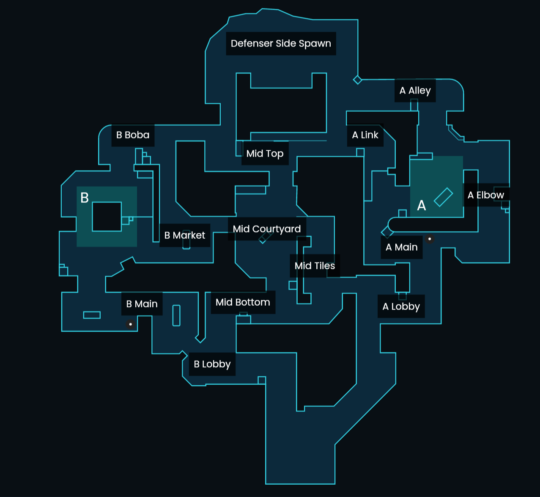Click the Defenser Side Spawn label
click(281, 44)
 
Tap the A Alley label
click(415, 91)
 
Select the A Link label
click(365, 135)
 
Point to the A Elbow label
click(485, 195)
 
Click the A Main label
click(401, 247)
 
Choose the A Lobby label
click(401, 306)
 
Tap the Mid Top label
click(265, 153)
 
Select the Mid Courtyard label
click(266, 229)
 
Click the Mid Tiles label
click(315, 266)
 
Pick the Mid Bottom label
click(243, 302)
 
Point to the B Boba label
click(133, 135)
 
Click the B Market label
click(184, 235)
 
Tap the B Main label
click(142, 304)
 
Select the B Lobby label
click(212, 364)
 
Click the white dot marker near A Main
click(430, 239)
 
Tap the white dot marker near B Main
click(131, 324)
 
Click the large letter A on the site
click(422, 206)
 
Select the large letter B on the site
click(85, 198)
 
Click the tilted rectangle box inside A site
click(443, 197)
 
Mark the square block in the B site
click(107, 217)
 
